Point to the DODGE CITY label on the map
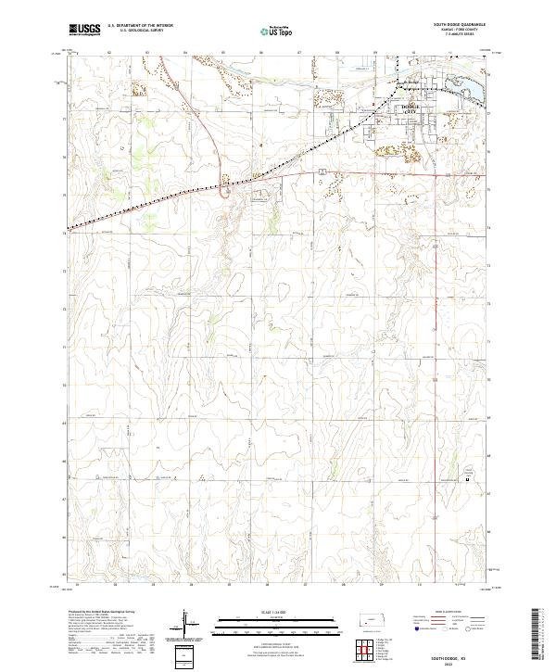(409, 108)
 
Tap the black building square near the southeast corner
(467, 480)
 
